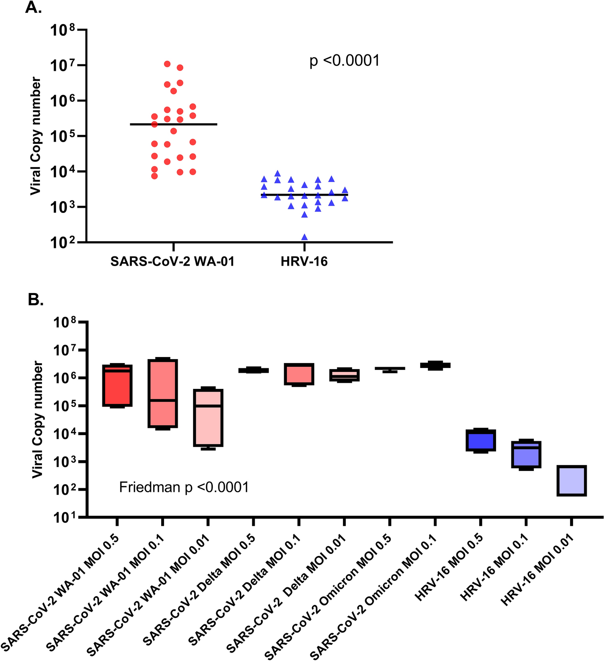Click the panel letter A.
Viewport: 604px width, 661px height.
(33, 8)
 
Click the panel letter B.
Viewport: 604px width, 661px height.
(35, 300)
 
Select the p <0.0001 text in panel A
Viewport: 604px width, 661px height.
(345, 61)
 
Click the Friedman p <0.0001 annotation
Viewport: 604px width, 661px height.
(184, 487)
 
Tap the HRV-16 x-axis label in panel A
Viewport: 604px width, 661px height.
(304, 262)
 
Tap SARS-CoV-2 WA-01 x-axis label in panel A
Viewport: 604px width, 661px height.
(172, 262)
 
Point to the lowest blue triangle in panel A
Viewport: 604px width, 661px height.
(305, 237)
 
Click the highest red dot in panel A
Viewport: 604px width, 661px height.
(167, 64)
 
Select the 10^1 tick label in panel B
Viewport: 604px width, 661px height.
(66, 517)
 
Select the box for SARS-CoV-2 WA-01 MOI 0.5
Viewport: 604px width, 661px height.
(117, 386)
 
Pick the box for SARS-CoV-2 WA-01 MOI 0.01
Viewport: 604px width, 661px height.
(208, 418)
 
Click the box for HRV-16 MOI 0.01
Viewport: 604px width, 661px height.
(571, 481)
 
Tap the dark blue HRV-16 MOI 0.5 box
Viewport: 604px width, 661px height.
(480, 440)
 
